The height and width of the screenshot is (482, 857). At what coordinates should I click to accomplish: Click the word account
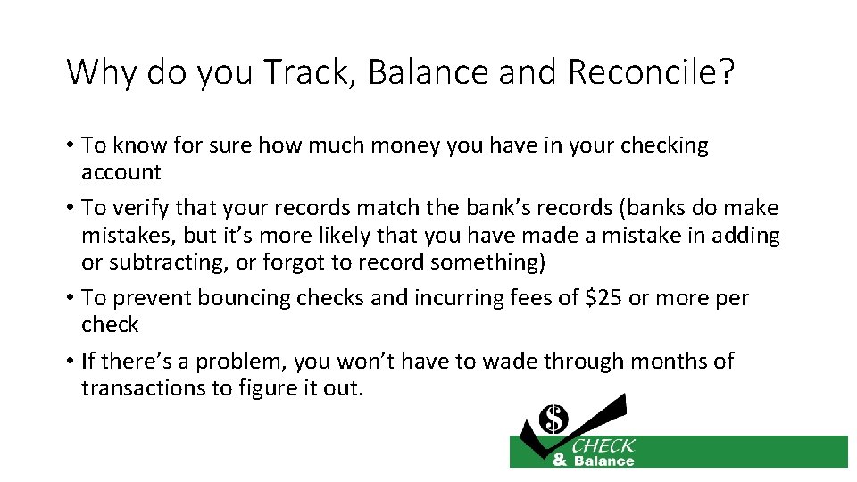click(121, 172)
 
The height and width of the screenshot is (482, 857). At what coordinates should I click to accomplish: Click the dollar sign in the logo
click(554, 418)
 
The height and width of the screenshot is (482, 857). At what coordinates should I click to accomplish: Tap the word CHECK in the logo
click(603, 445)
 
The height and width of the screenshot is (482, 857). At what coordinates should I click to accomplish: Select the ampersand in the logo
click(560, 461)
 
